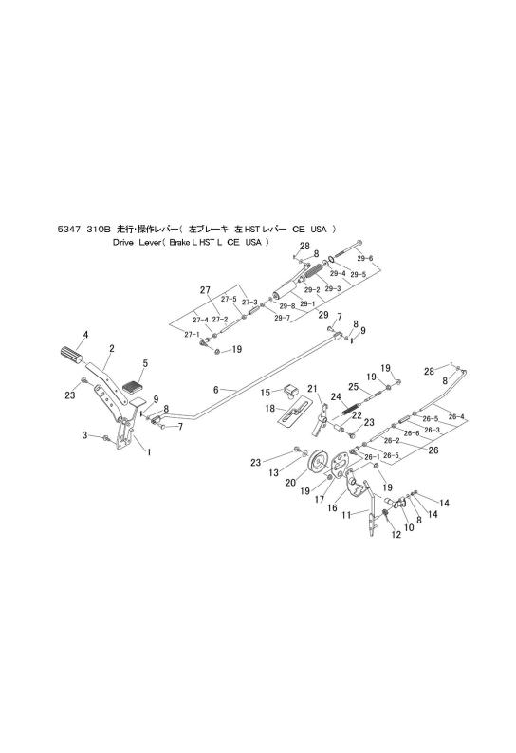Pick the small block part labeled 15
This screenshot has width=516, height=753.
[x=289, y=391]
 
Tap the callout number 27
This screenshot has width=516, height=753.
[x=205, y=290]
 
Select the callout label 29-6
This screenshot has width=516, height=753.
[x=365, y=258]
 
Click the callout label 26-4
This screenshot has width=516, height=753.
[x=456, y=417]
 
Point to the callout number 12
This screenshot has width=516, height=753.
[x=396, y=535]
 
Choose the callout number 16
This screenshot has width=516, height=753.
[x=332, y=507]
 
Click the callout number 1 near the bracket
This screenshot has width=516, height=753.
[x=149, y=452]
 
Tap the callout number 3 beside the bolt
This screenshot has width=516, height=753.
[x=84, y=435]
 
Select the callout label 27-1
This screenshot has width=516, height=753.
[x=191, y=334]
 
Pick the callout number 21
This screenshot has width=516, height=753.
[x=313, y=389]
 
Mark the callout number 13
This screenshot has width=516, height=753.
[x=273, y=473]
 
